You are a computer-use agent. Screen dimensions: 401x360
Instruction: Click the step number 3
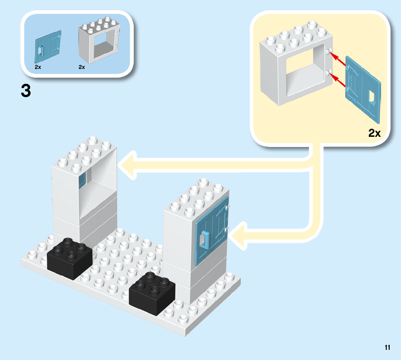pyautogui.click(x=26, y=91)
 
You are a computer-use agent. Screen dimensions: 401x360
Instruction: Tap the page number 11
pyautogui.click(x=387, y=347)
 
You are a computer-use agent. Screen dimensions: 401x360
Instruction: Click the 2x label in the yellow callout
pyautogui.click(x=375, y=133)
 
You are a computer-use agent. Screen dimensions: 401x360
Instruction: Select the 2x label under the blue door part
pyautogui.click(x=38, y=67)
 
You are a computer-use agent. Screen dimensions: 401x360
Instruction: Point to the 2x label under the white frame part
pyautogui.click(x=82, y=67)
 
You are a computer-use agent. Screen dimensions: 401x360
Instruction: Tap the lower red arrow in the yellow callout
pyautogui.click(x=337, y=80)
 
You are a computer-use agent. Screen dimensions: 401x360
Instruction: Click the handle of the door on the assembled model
pyautogui.click(x=204, y=240)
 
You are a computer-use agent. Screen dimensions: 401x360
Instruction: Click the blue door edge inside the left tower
pyautogui.click(x=82, y=180)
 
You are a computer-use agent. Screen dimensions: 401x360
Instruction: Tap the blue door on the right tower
pyautogui.click(x=211, y=230)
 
